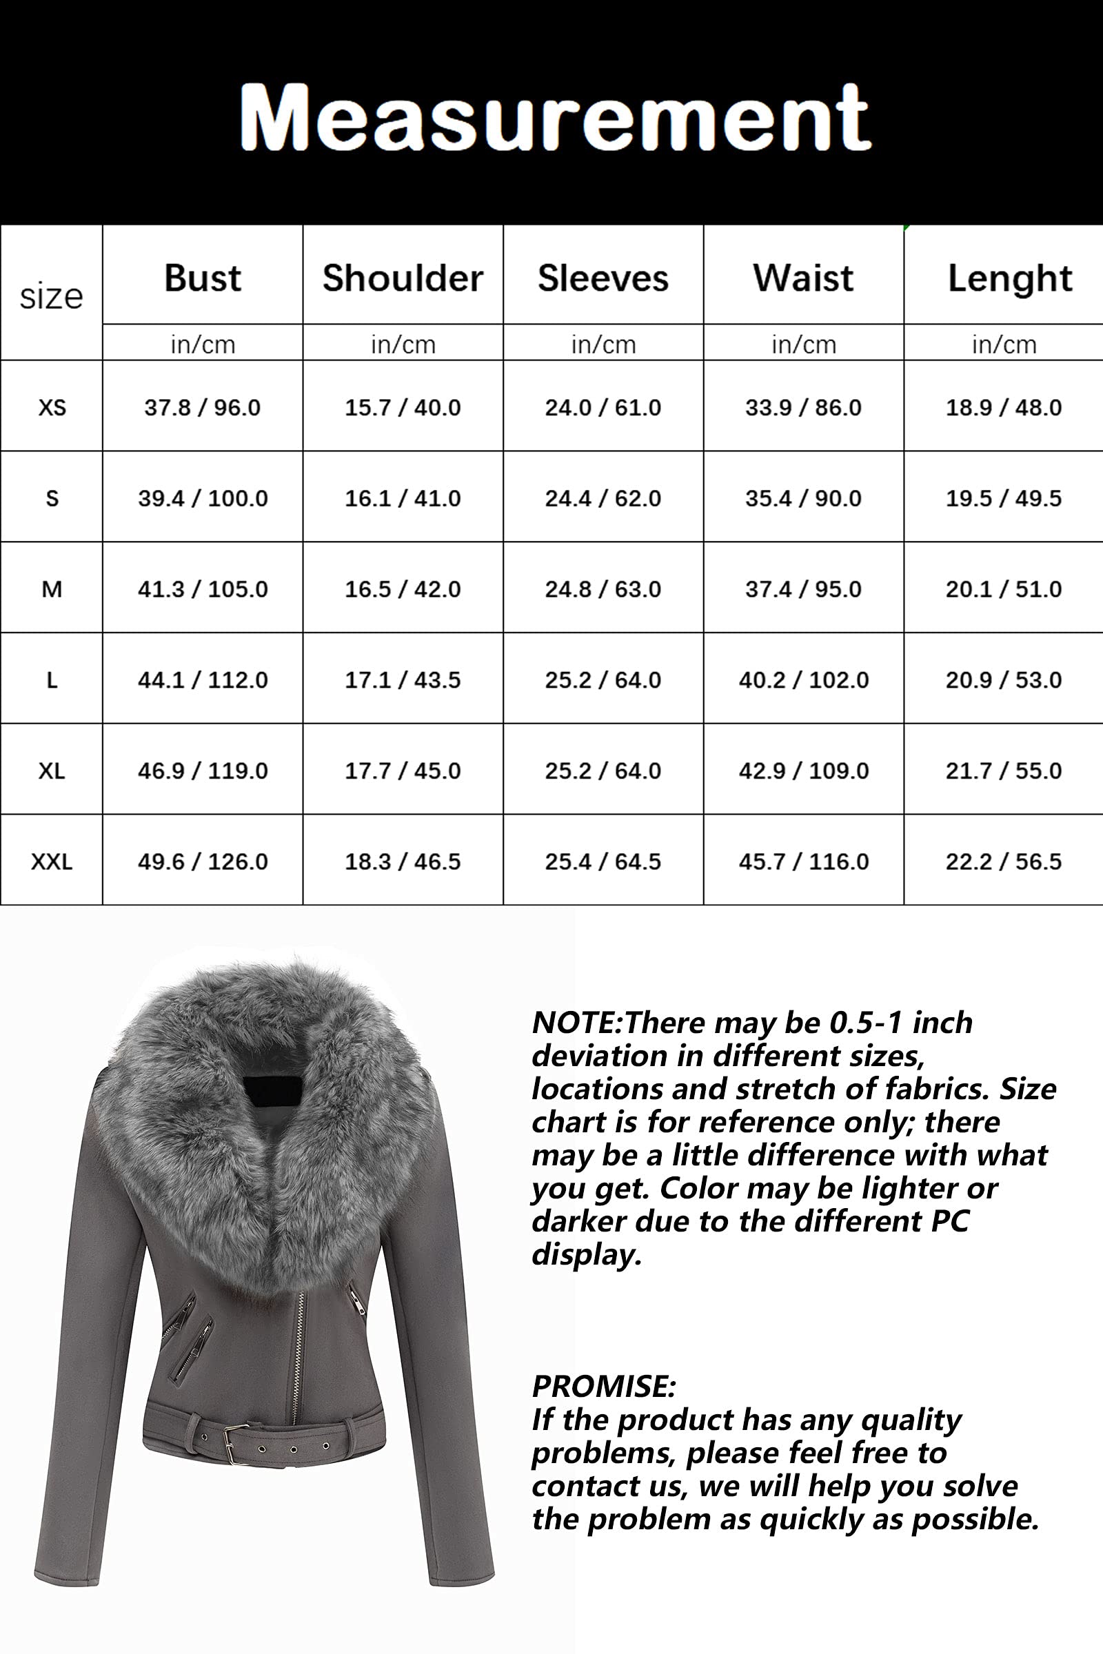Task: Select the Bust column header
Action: coord(203,278)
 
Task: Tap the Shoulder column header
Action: coord(403,278)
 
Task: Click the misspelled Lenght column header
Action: coord(1009,279)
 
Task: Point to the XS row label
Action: coord(52,407)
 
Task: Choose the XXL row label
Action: coord(52,861)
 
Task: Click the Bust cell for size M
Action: coord(203,589)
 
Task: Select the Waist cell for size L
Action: coord(803,680)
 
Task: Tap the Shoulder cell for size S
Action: coord(403,498)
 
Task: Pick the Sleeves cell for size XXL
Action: coord(603,861)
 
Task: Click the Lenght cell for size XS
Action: coord(1003,407)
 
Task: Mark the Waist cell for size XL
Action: coord(803,770)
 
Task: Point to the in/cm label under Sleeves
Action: coord(603,345)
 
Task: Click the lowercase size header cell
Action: coord(51,296)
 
